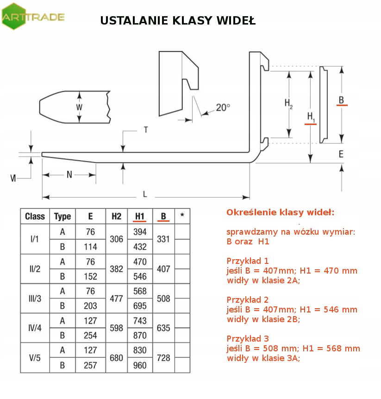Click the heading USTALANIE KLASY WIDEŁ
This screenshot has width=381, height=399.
pos(178,21)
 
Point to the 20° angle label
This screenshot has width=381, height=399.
pos(223,107)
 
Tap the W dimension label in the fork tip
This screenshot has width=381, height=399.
pos(79,107)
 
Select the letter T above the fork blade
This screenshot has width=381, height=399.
pos(145,130)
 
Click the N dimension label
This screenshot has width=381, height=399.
pos(69,175)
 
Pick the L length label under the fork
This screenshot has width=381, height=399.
pos(145,194)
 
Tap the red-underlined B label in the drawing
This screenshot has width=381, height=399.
pos(341,100)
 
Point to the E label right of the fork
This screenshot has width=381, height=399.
pos(341,154)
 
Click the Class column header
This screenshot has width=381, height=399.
pos(35,216)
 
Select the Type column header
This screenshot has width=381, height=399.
pos(62,216)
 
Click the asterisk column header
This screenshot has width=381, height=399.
pos(182,216)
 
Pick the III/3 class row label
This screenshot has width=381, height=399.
pos(35,299)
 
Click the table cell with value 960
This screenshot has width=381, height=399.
pos(140,365)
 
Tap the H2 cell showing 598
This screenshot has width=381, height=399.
pos(117,328)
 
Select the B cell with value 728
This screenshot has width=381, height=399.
pos(163,358)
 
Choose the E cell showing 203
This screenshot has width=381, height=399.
pos(90,306)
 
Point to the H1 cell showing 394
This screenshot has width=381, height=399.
pos(140,231)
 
